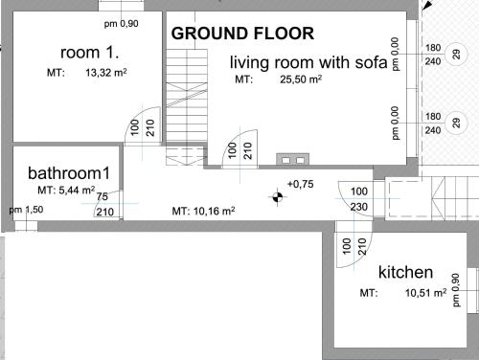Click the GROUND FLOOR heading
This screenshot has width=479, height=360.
[242, 34]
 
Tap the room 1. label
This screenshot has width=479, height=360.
[90, 53]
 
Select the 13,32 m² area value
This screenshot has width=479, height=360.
[106, 73]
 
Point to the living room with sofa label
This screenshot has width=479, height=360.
[308, 62]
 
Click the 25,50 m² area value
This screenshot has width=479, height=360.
[301, 79]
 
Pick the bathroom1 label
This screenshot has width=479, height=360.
[69, 173]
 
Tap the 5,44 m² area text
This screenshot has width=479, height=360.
[77, 191]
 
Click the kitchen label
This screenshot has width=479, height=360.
[405, 272]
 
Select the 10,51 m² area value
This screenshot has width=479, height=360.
[426, 293]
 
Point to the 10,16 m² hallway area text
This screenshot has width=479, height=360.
[215, 211]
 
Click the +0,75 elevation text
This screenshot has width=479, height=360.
[301, 184]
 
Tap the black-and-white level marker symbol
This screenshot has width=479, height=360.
[277, 197]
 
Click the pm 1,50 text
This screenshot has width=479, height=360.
[26, 210]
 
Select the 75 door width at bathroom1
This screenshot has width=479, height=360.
[103, 196]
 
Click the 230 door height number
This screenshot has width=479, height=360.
[359, 207]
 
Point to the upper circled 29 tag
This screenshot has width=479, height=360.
[457, 55]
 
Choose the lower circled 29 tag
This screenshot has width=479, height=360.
[457, 123]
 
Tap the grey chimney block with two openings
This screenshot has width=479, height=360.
[293, 159]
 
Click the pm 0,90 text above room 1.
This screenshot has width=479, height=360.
[122, 24]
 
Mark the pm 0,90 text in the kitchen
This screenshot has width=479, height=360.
[456, 290]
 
